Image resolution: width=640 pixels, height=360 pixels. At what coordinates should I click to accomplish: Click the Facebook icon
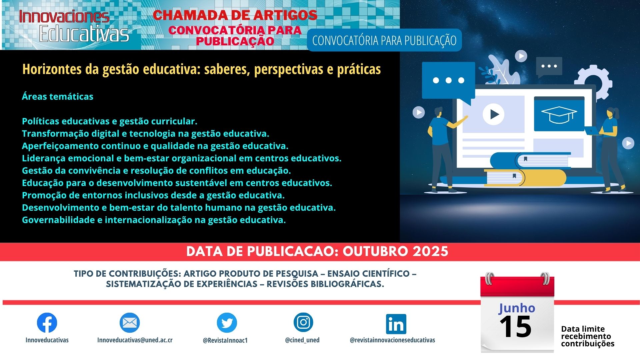tap(47, 323)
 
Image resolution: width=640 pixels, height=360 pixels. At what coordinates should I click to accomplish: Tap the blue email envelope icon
tap(130, 323)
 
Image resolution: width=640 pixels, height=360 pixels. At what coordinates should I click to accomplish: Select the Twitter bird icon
tap(227, 323)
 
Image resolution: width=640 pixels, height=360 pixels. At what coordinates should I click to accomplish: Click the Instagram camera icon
tap(303, 322)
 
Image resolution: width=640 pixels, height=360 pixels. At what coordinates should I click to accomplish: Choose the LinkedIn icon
tap(396, 324)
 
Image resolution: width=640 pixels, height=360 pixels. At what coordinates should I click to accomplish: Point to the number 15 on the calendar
tap(515, 327)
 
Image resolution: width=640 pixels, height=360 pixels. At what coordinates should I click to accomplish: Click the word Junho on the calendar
tap(517, 308)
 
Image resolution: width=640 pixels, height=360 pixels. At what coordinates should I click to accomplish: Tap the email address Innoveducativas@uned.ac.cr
tap(135, 340)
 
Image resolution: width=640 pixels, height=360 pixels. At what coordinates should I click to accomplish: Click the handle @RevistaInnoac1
tap(225, 340)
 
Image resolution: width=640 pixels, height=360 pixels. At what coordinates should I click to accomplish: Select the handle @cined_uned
tap(302, 340)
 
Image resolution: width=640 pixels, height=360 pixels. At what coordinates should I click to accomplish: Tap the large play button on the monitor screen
tap(493, 114)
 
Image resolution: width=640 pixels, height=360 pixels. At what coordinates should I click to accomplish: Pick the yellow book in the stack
tap(525, 178)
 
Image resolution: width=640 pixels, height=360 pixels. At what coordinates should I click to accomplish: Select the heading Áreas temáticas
tap(58, 96)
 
